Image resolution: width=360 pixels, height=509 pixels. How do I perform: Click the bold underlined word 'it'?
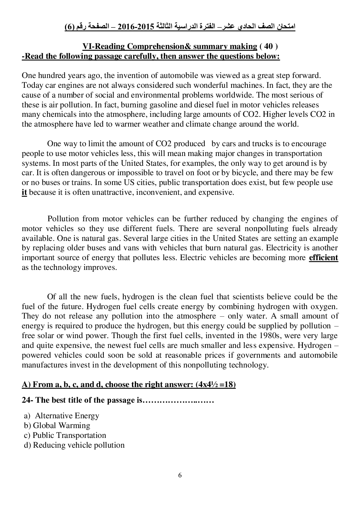coord(24,192)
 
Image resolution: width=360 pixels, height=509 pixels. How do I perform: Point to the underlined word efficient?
coord(323,258)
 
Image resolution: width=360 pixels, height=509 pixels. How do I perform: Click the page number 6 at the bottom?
coord(180,476)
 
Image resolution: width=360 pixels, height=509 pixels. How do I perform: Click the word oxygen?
coord(325,307)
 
